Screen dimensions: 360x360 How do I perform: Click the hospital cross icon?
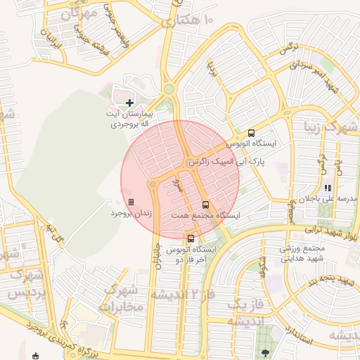click(129, 103)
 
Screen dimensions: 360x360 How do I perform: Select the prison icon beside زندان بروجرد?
click(131, 202)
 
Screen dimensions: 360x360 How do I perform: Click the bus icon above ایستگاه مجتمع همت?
click(205, 204)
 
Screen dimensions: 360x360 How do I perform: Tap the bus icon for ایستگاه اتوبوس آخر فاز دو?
click(191, 238)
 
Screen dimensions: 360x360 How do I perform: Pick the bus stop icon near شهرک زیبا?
click(252, 133)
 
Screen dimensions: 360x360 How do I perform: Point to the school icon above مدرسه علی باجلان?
click(327, 188)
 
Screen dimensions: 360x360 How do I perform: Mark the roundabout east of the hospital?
click(169, 89)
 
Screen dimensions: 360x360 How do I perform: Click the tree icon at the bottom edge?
click(264, 353)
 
